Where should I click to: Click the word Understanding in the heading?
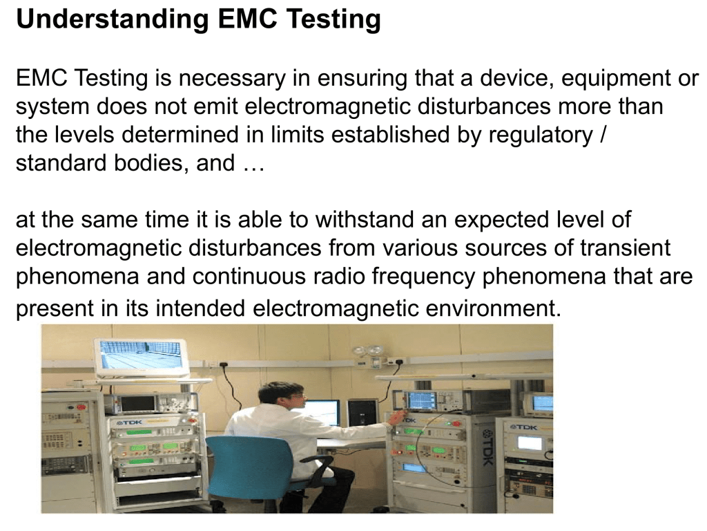(113, 19)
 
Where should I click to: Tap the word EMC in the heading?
(246, 19)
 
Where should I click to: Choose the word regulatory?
(541, 136)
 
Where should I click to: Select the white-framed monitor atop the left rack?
(141, 357)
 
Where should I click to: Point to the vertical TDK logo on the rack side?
(487, 447)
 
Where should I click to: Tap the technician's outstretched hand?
(396, 418)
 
